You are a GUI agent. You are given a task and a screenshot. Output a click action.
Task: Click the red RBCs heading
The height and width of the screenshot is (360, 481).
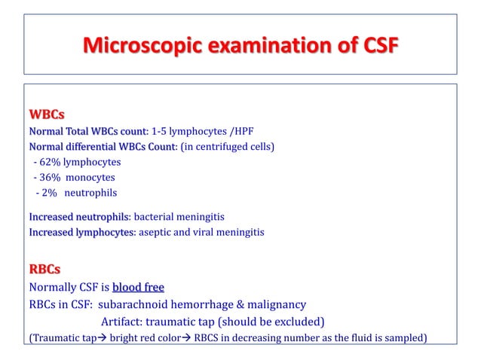[44, 268]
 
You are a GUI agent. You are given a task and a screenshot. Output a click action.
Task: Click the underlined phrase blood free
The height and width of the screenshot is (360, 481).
[138, 287]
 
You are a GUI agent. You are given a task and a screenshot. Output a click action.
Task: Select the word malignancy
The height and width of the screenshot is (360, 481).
[272, 305]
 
